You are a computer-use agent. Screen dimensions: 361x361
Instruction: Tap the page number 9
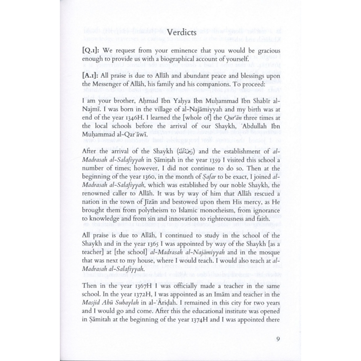(x=278, y=339)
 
